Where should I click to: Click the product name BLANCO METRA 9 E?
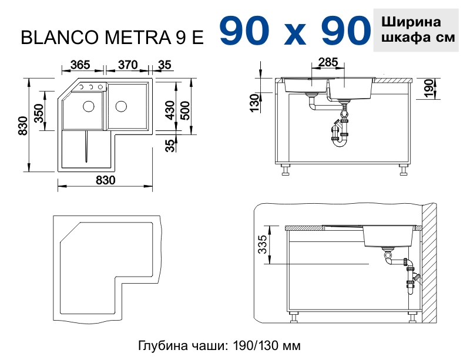pyautogui.click(x=113, y=38)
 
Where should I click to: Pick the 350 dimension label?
pyautogui.click(x=39, y=112)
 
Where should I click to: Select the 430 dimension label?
pyautogui.click(x=170, y=109)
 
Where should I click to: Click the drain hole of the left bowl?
pyautogui.click(x=89, y=106)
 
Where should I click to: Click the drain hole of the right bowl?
pyautogui.click(x=121, y=106)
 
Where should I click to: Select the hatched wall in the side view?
pyautogui.click(x=431, y=264)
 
